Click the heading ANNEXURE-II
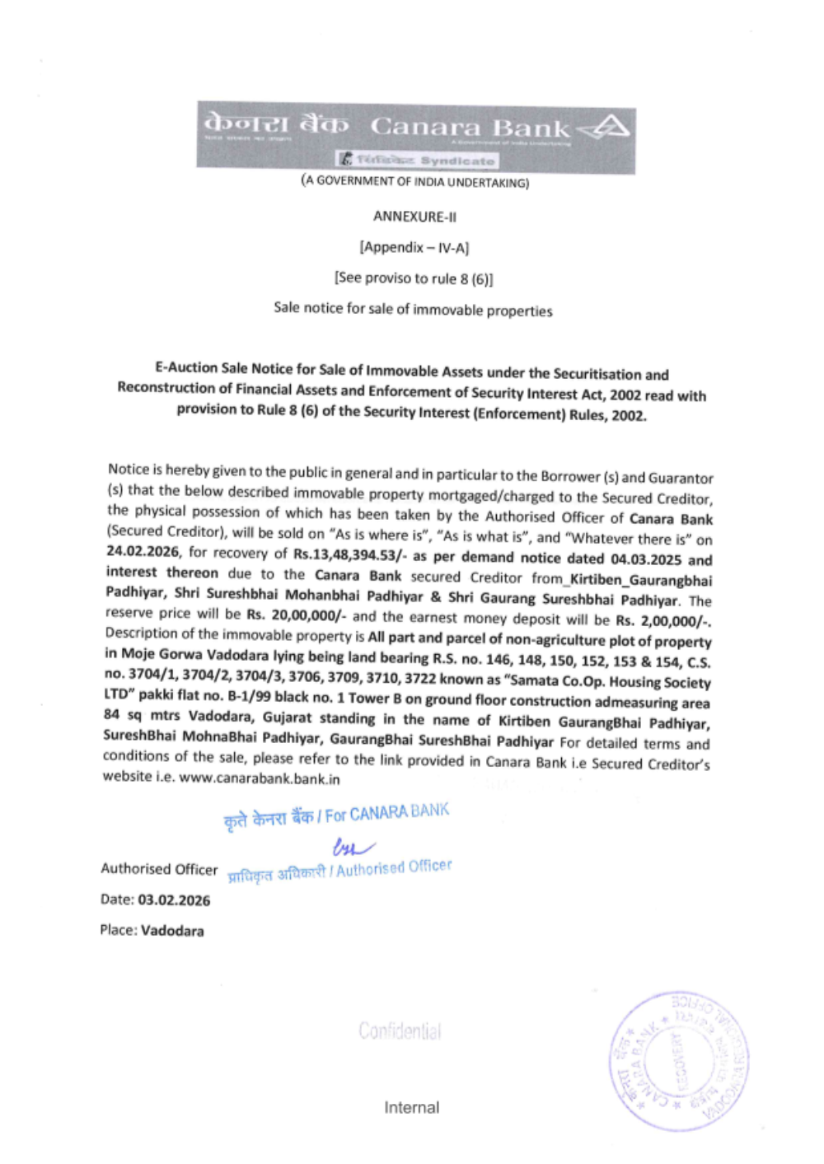[x=414, y=217]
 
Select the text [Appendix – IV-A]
[x=414, y=247]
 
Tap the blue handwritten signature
[x=353, y=846]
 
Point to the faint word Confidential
[x=400, y=1031]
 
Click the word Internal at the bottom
[x=411, y=1107]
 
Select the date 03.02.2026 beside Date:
[x=174, y=900]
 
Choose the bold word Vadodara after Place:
[x=172, y=931]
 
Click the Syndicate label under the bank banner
[x=457, y=161]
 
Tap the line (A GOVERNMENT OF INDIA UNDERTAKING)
[x=414, y=181]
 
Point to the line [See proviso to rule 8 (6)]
[x=414, y=278]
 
